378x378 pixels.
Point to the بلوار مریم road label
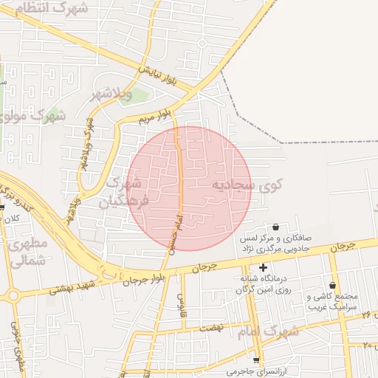tap(157, 117)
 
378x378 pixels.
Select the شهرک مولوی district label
tap(33, 116)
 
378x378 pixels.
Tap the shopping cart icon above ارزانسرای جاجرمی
tap(256, 360)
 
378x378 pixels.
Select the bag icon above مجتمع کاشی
tap(332, 285)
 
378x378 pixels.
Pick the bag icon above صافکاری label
tap(276, 227)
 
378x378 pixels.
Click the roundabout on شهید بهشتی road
tap(13, 296)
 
